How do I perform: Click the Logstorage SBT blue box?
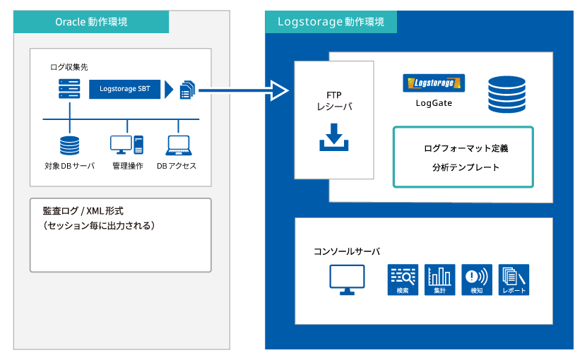(x=124, y=89)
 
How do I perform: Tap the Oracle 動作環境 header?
(x=91, y=22)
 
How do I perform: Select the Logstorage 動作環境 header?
(x=331, y=22)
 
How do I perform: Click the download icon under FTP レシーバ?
(x=334, y=137)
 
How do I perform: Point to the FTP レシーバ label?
(x=334, y=101)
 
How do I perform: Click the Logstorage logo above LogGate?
(x=434, y=83)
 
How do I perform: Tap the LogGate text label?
(x=434, y=103)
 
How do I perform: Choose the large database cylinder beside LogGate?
(x=507, y=95)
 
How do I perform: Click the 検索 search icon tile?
(x=403, y=280)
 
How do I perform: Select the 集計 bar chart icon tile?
(x=440, y=280)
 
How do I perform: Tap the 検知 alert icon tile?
(x=477, y=280)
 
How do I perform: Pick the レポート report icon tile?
(x=514, y=280)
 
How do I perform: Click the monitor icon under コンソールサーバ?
(x=347, y=280)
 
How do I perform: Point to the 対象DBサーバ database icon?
(x=70, y=145)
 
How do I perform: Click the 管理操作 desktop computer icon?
(x=127, y=145)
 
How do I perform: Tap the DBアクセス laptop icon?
(x=179, y=145)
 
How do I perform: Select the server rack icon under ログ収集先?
(x=69, y=89)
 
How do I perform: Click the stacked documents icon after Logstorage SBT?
(x=188, y=90)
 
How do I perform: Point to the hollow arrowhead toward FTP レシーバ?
(x=280, y=90)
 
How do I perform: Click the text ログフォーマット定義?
(x=466, y=148)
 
